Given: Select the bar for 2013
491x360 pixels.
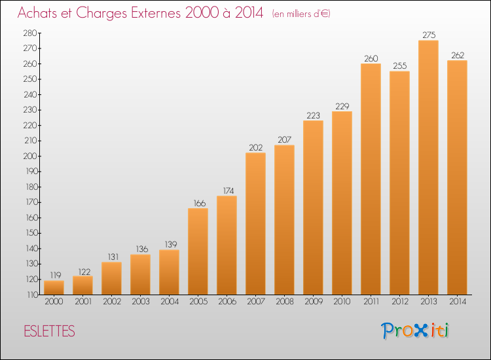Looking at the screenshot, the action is (428, 168).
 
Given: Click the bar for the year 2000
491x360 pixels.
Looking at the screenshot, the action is (54, 288).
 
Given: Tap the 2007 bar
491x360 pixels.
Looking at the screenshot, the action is (255, 223).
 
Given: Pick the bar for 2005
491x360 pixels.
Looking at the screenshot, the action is (198, 251).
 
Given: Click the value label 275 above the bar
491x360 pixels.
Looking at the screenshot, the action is (429, 35).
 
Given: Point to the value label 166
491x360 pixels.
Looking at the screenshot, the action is (200, 203).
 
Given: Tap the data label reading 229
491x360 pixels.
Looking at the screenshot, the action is (342, 106).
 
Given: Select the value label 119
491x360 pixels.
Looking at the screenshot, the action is (56, 275).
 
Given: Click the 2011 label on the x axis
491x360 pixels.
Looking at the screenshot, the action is (371, 302).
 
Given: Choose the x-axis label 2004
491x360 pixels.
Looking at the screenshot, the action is (170, 302).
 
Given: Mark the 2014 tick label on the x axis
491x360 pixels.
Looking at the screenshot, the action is (458, 302).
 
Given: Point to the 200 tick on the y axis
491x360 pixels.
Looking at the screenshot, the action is (30, 156).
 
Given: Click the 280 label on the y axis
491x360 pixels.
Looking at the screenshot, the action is (30, 33).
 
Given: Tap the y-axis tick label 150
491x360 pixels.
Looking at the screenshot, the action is (31, 233).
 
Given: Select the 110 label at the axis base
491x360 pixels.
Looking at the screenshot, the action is (32, 295).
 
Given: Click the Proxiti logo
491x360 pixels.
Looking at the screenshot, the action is (415, 331).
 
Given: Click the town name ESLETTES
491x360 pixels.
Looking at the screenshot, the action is (50, 331).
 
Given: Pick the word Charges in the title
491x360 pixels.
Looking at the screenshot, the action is (101, 14).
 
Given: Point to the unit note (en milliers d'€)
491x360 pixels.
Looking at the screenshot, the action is (301, 14).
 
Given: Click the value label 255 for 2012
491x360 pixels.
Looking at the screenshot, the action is (400, 65).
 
